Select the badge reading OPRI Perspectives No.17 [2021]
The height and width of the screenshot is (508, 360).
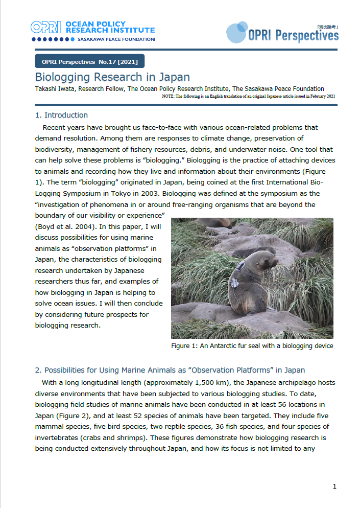[x=90, y=62]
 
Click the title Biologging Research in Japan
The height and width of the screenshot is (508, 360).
[x=112, y=78]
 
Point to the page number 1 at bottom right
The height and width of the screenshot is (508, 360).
[x=334, y=487]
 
